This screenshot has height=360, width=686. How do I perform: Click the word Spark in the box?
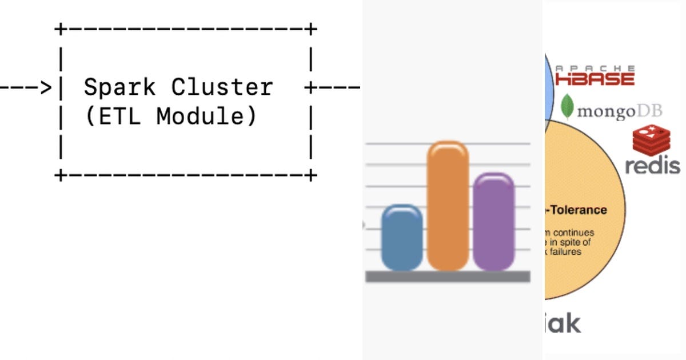click(119, 87)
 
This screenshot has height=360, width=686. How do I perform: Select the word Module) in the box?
click(207, 117)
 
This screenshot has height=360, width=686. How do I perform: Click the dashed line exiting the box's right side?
click(337, 87)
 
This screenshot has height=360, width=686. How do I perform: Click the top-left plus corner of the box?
click(60, 28)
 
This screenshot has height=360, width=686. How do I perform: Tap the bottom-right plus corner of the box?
click(310, 174)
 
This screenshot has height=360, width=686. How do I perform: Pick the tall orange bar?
click(448, 206)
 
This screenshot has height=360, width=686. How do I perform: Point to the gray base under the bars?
click(448, 277)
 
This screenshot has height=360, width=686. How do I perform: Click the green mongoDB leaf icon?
click(567, 106)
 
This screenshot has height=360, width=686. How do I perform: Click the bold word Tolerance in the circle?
click(579, 210)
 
